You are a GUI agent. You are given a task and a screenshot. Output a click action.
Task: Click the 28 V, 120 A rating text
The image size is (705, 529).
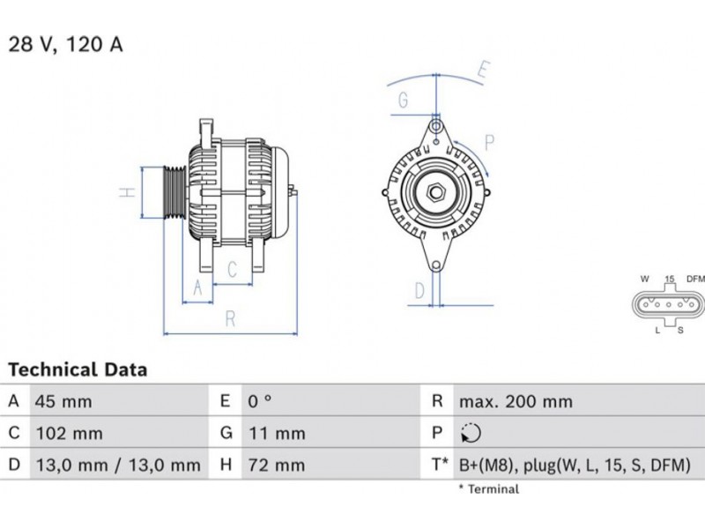[x=65, y=45]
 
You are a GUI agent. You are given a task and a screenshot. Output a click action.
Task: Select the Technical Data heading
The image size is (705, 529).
[x=78, y=369]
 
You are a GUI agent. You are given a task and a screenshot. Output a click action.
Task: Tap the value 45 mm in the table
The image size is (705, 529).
[x=63, y=402]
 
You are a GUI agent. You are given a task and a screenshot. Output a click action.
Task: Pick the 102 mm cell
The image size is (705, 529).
[x=70, y=434]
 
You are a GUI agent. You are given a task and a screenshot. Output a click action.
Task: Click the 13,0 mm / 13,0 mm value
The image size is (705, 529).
[x=118, y=466]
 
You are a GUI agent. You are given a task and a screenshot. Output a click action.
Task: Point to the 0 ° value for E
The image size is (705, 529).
[x=260, y=401]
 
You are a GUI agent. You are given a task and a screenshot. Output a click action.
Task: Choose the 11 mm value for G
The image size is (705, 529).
[x=277, y=434]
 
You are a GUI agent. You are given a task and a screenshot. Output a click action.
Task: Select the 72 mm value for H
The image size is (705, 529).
[x=277, y=466]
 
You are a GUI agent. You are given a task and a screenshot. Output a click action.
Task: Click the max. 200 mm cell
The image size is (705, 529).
[x=516, y=402]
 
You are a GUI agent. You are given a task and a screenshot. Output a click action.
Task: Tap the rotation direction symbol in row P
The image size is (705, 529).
[x=471, y=433]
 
